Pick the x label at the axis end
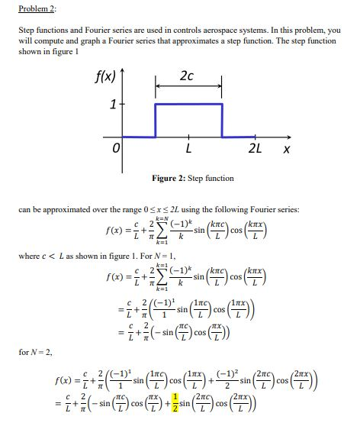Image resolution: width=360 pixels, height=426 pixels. point(285,150)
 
